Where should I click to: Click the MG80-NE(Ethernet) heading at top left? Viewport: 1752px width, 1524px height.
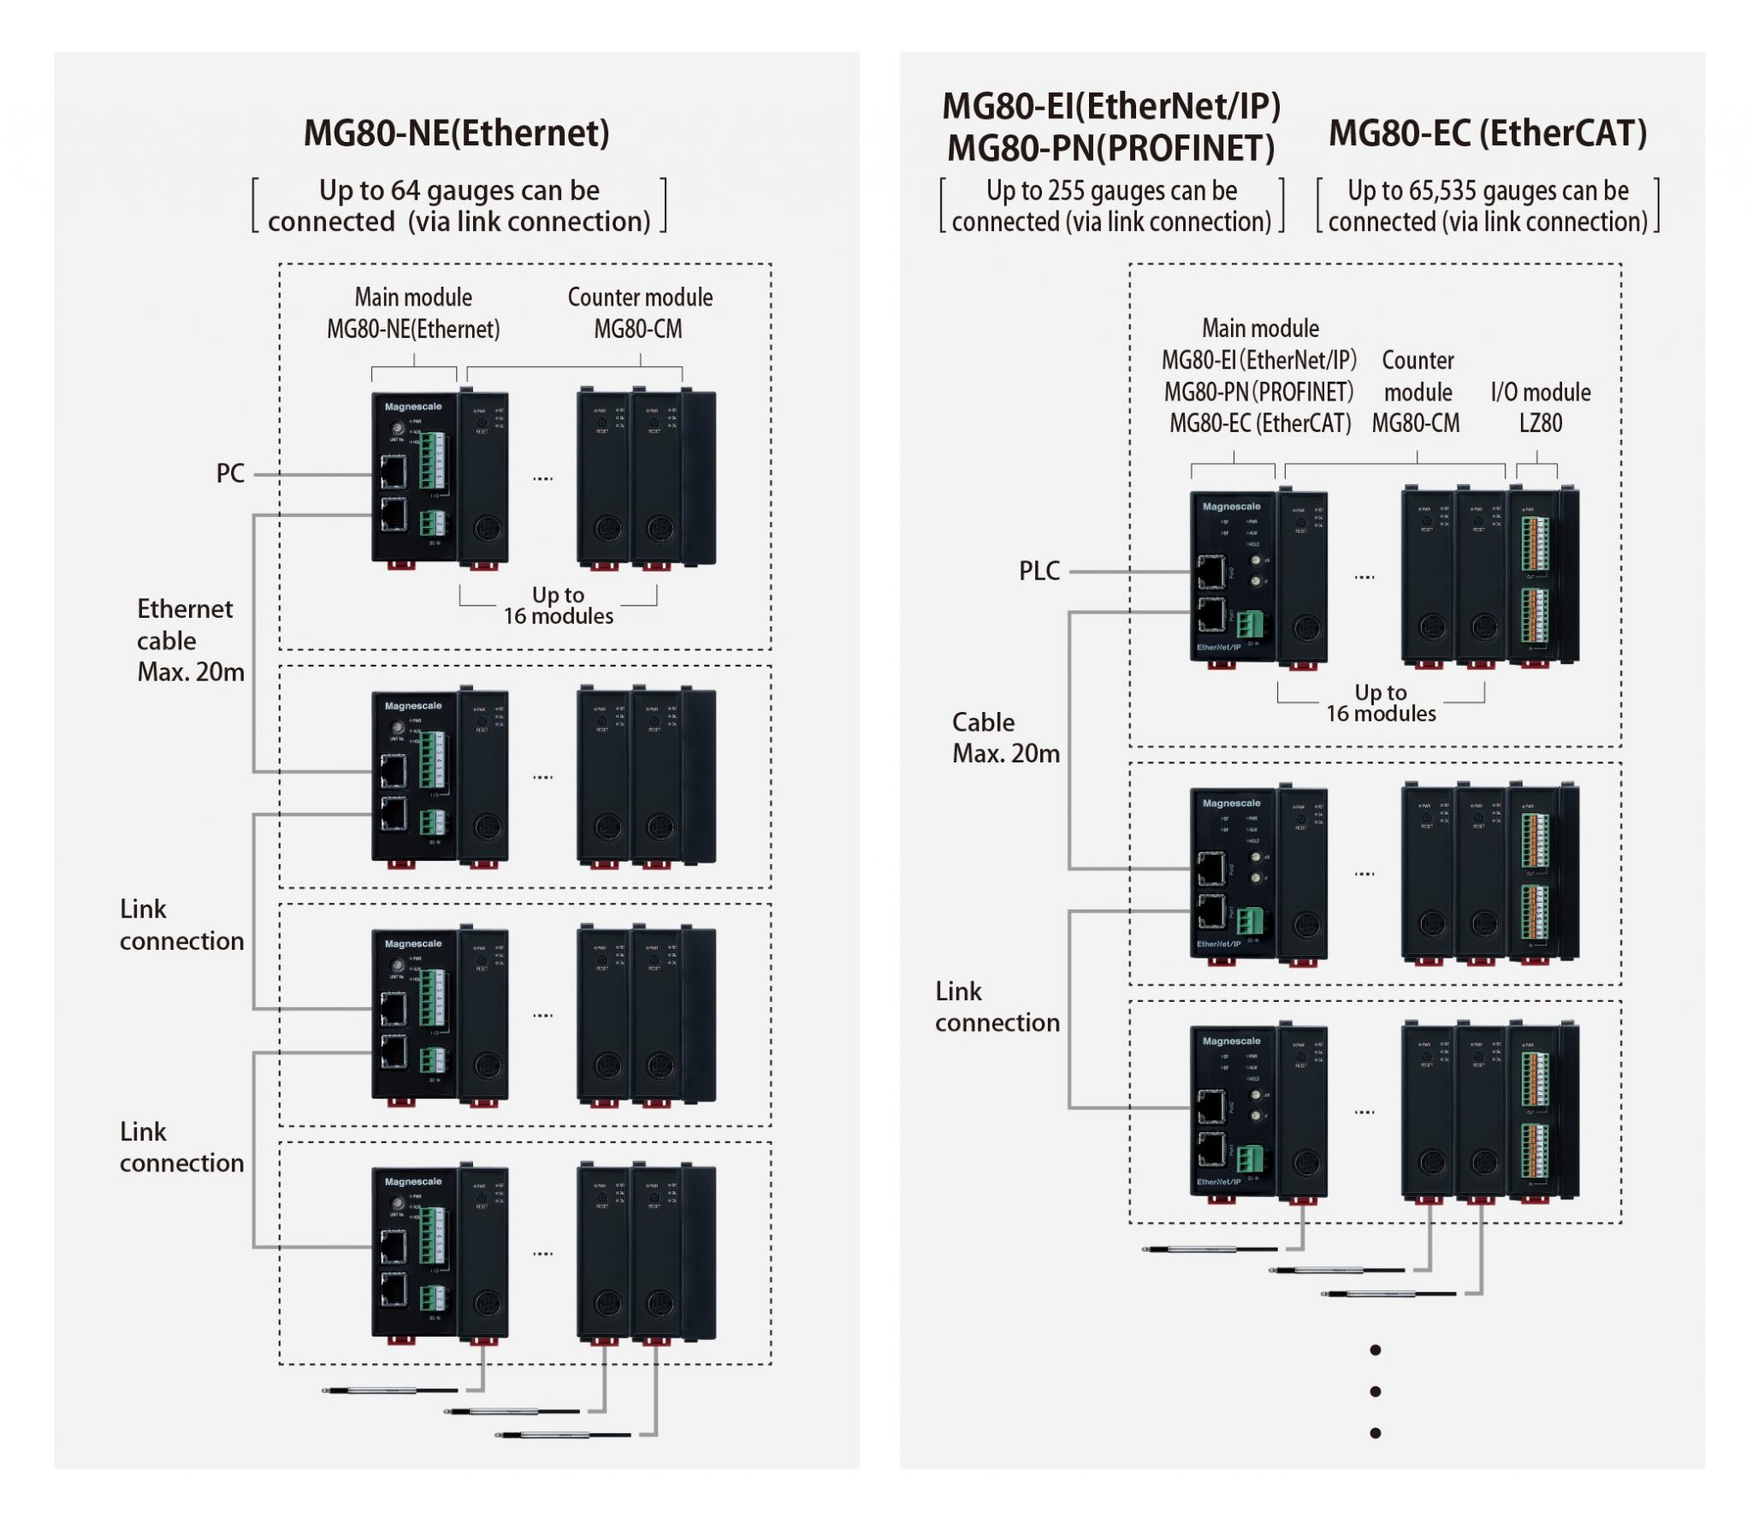coord(456,133)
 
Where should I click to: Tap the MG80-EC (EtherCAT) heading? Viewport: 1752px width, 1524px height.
coord(1487,133)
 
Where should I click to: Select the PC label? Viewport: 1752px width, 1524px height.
coord(230,473)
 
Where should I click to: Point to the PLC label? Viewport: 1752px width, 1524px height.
coord(1039,571)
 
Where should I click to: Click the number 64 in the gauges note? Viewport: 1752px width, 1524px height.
coord(405,190)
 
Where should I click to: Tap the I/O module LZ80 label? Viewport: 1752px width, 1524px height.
coord(1540,407)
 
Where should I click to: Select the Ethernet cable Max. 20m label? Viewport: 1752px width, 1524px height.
coord(189,640)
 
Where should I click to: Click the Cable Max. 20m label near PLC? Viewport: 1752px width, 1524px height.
coord(1004,738)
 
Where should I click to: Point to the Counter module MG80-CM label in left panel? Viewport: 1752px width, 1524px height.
coord(639,313)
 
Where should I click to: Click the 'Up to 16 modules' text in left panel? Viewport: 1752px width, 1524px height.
coord(558,606)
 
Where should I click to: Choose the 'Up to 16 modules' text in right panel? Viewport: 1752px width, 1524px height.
coord(1380,703)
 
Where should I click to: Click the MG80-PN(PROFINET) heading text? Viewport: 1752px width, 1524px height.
coord(1110,148)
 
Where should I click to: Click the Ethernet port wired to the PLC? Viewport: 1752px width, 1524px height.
coord(1211,571)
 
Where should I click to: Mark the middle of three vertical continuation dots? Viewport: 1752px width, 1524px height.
coord(1375,1391)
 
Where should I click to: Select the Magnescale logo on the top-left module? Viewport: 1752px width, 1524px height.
coord(413,406)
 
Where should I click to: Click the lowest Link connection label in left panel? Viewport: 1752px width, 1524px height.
coord(181,1147)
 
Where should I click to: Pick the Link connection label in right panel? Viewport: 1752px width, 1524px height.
coord(997,1007)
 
